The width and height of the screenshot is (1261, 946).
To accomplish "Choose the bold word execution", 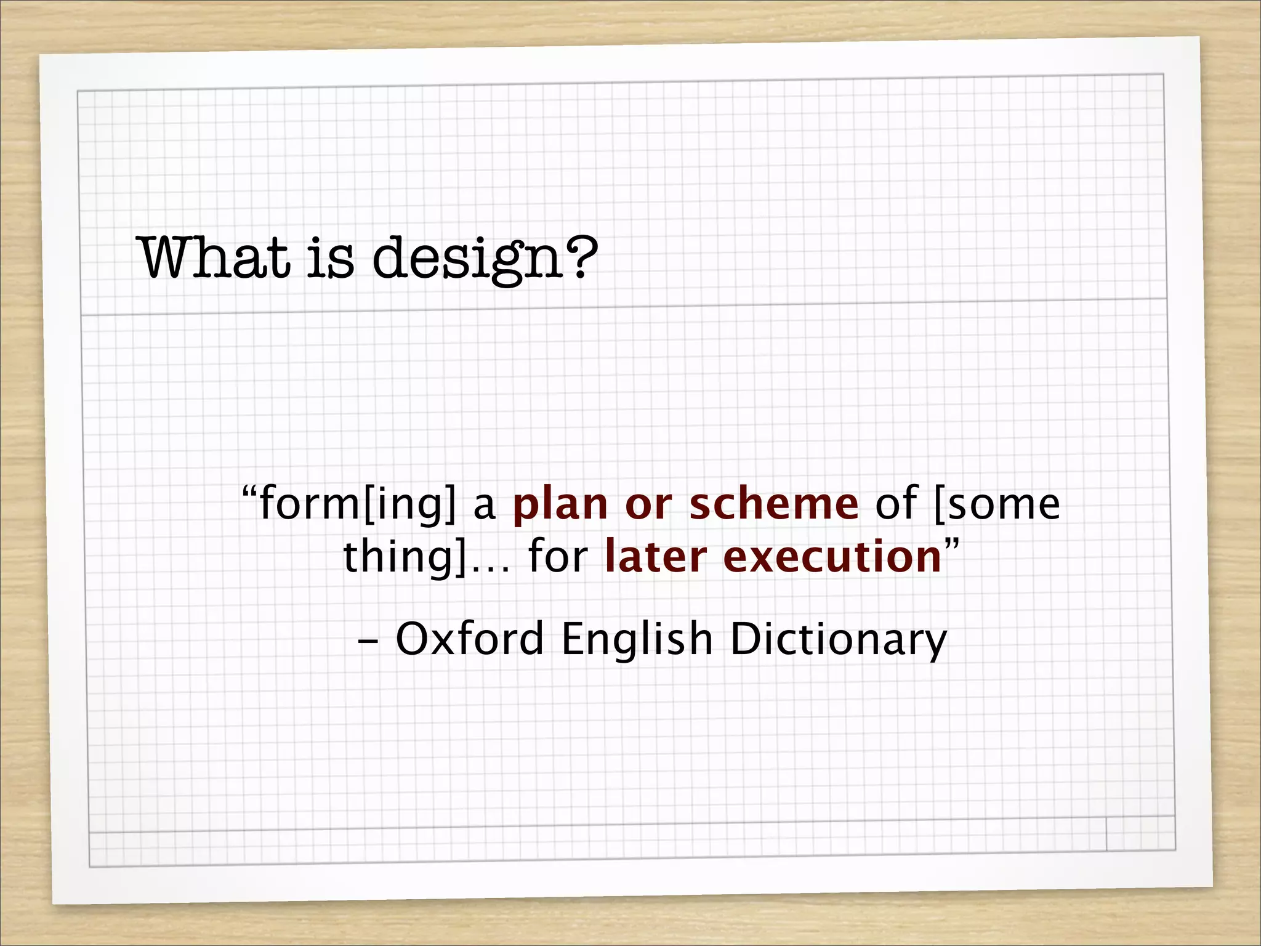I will click(x=832, y=557).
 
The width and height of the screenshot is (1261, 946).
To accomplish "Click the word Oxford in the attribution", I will click(x=469, y=639).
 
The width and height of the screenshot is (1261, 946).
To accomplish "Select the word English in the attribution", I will click(x=637, y=639).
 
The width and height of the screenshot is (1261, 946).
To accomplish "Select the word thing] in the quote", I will click(x=405, y=558).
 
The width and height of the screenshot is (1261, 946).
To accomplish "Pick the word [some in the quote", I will click(x=997, y=505).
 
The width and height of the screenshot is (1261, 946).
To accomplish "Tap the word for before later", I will click(x=558, y=557).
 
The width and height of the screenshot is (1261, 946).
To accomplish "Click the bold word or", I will click(x=648, y=505).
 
